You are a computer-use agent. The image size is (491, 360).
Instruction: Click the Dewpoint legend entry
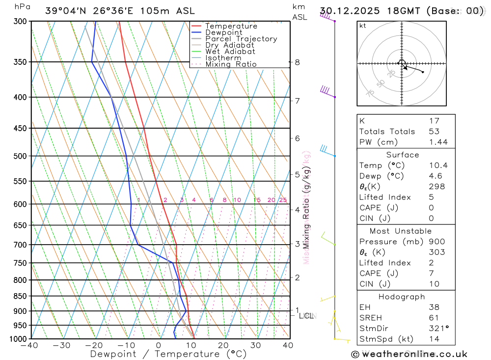coord(223,32)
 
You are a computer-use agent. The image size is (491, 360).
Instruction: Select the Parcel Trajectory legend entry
coord(241,39)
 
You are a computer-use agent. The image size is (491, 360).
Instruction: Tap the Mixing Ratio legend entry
coord(231,64)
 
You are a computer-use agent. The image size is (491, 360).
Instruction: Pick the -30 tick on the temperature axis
coord(62,345)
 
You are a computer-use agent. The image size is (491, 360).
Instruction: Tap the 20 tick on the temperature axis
coord(223,345)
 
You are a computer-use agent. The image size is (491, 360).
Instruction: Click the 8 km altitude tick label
coord(297,62)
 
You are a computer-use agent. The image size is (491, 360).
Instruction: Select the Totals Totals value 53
coord(434,132)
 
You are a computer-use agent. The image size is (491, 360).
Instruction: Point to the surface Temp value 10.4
coord(438,166)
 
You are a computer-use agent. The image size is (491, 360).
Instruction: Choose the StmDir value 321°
coord(438,329)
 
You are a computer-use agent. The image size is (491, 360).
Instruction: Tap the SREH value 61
coord(434,318)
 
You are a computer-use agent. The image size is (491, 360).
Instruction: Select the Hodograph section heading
coord(402,297)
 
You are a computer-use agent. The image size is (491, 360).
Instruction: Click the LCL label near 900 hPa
coord(306,316)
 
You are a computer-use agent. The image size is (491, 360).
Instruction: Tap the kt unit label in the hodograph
coord(363,26)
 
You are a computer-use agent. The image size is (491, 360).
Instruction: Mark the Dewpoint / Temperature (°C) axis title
coord(168,354)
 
